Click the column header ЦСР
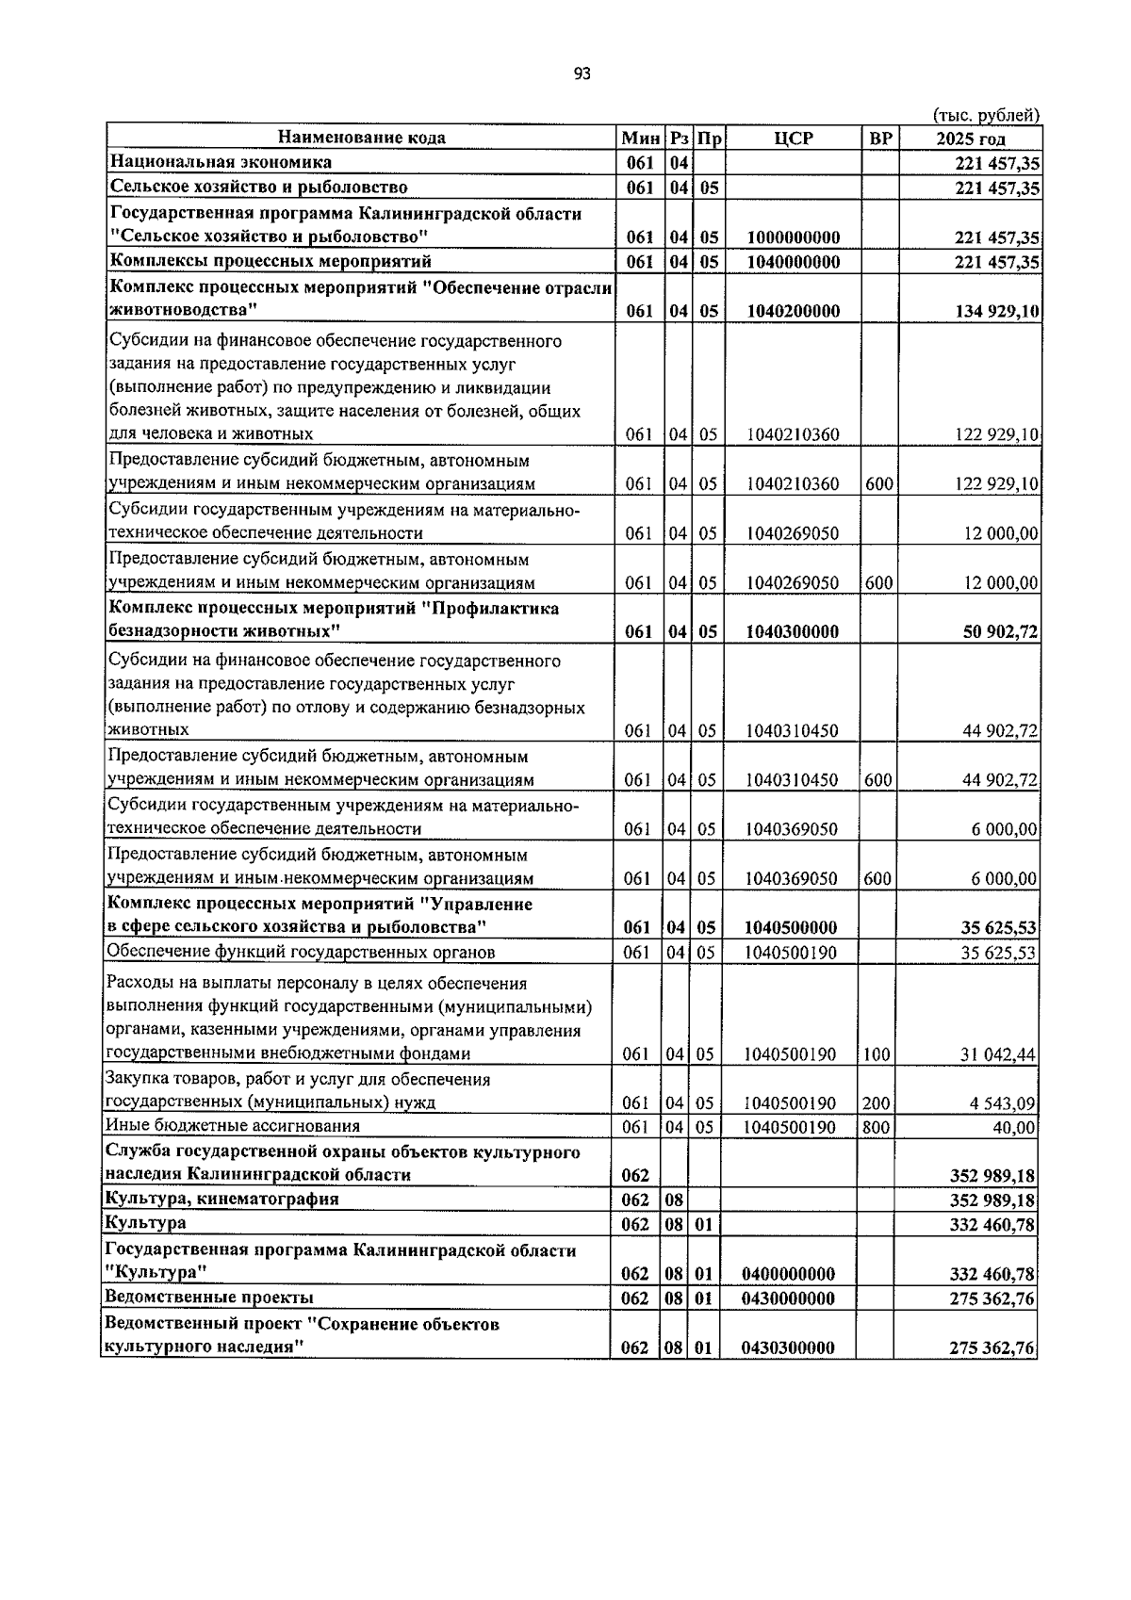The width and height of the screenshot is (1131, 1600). tap(793, 139)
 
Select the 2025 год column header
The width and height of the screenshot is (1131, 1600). tap(970, 139)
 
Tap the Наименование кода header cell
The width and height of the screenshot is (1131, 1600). tap(362, 139)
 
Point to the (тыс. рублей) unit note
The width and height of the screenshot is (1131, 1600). tap(986, 116)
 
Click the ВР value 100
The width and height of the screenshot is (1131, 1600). tap(877, 1055)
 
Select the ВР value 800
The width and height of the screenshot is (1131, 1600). tap(877, 1127)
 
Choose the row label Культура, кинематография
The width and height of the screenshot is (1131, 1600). tap(222, 1200)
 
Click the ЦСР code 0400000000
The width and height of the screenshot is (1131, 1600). tap(789, 1275)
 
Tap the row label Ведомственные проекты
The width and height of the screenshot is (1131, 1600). tap(209, 1298)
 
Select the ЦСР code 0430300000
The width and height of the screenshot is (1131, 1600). tap(789, 1348)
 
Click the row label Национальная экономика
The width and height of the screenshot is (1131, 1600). tap(221, 163)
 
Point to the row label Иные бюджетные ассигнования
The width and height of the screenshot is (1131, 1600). tap(233, 1127)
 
